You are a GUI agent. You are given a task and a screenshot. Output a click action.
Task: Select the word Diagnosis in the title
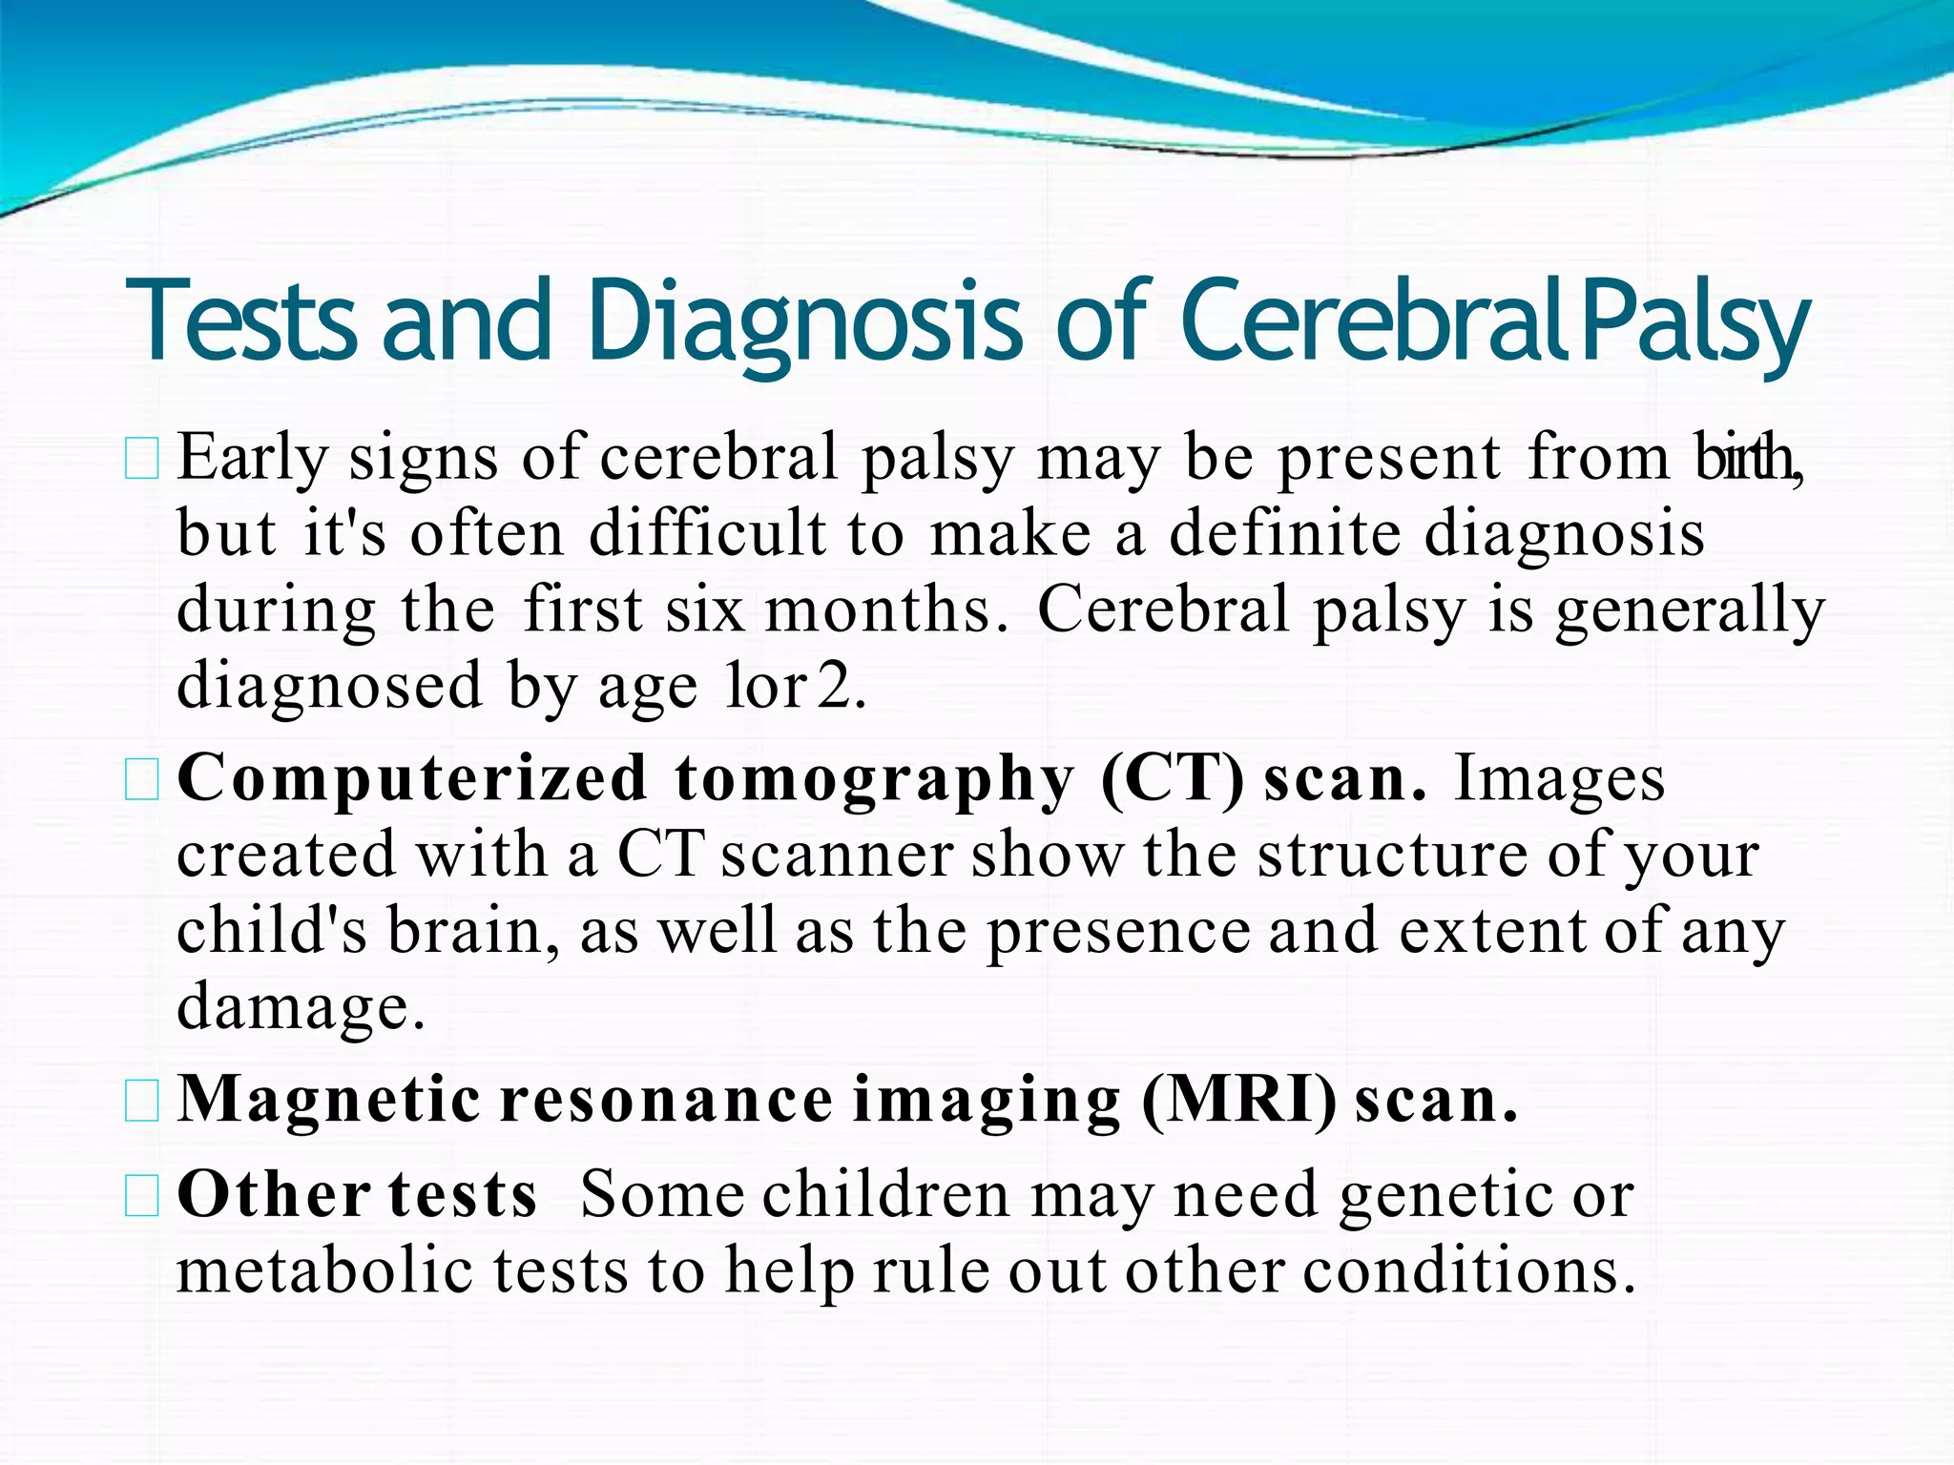804,322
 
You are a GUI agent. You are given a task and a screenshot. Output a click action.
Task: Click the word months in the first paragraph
885,610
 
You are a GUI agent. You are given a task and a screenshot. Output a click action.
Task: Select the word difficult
707,533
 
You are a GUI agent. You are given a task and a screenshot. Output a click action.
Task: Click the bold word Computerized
412,780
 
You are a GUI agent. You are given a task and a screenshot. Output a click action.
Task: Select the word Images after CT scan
1560,780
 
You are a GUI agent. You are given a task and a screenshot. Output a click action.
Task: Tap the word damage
301,1008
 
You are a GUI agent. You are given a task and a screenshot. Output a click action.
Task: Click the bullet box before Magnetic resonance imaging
142,1104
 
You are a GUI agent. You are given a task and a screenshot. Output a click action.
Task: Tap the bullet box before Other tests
142,1197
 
